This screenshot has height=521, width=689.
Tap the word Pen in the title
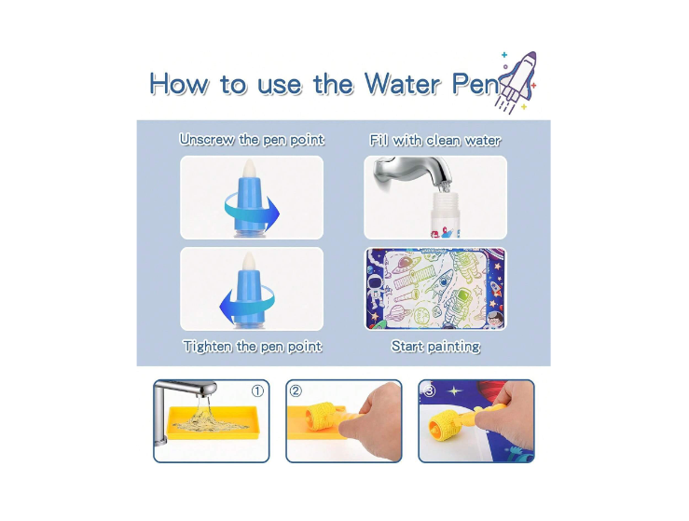coord(475,85)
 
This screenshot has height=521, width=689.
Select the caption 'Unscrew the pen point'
coord(252,140)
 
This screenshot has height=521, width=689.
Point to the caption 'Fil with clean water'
coord(435,141)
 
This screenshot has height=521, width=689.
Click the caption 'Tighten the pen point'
coord(252,347)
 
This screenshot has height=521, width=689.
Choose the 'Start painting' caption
coord(435,347)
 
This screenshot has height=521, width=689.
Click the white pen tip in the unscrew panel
coord(251,171)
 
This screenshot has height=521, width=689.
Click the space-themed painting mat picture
coord(434,289)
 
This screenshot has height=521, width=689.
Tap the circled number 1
coord(257,391)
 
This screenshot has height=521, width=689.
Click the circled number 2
coord(296,391)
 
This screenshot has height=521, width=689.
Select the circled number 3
coord(430,391)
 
